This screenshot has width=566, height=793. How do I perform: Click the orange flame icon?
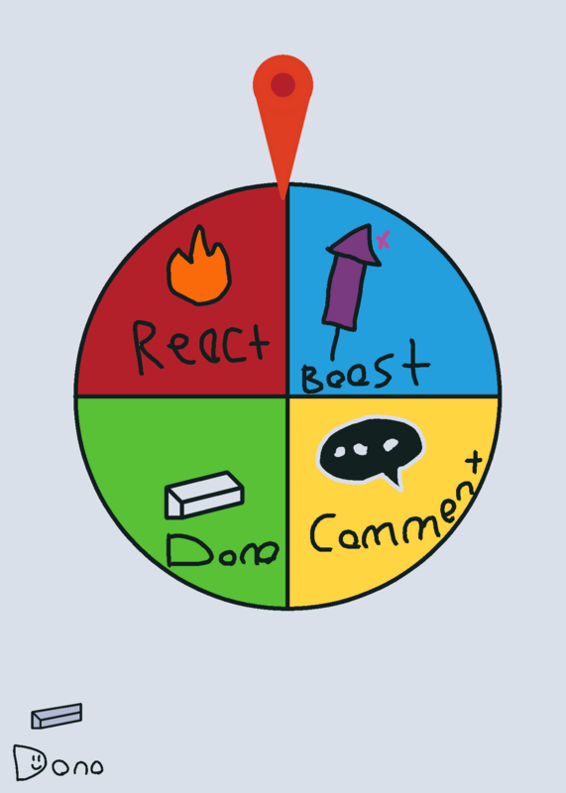(x=199, y=267)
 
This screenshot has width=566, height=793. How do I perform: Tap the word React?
(x=200, y=345)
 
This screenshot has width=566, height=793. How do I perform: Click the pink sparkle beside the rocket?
(x=384, y=239)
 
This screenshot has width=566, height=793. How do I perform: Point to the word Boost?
(x=365, y=368)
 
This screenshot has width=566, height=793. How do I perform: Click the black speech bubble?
(x=371, y=449)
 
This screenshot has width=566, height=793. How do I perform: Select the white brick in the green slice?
(x=204, y=495)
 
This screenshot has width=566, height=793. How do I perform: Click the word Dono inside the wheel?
(x=223, y=551)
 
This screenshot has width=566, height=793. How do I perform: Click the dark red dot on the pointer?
(x=283, y=84)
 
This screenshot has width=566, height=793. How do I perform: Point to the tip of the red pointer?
(x=283, y=198)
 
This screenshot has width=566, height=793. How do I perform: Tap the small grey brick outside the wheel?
(x=57, y=716)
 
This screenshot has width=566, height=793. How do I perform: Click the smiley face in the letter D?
(x=36, y=761)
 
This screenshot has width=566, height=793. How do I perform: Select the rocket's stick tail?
(x=334, y=344)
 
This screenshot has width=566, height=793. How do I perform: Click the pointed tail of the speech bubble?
(x=395, y=481)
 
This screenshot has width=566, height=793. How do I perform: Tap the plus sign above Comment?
(x=474, y=462)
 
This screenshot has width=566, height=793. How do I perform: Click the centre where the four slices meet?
(x=286, y=396)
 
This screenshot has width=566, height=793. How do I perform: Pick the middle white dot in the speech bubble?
(x=360, y=448)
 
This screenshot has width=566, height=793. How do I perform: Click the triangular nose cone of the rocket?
(x=356, y=245)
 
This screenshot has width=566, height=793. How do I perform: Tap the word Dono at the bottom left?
(x=58, y=762)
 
